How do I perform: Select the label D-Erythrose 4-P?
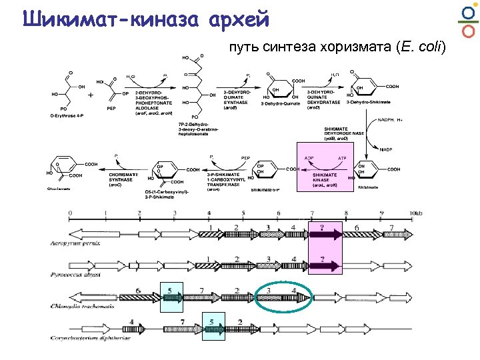click(x=69, y=115)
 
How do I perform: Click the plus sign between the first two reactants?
click(x=91, y=95)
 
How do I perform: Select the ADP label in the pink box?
click(x=309, y=158)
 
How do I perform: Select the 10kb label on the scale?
click(x=415, y=213)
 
